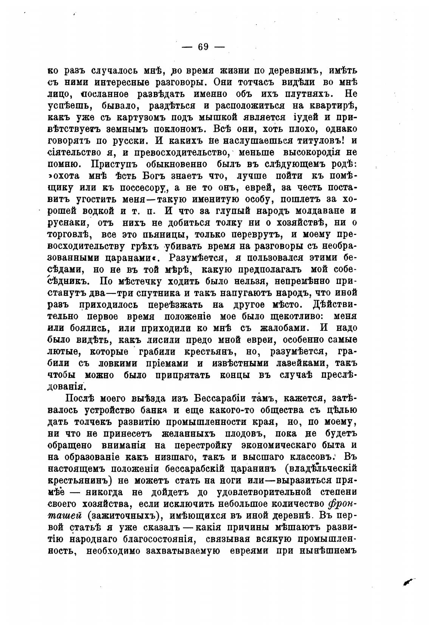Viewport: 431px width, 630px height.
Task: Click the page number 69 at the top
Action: click(203, 46)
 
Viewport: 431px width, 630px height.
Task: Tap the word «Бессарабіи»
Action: click(216, 398)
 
